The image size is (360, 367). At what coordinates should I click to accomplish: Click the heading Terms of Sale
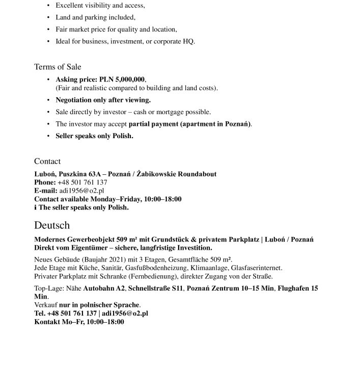pyautogui.click(x=58, y=67)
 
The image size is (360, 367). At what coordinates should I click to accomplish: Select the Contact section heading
pyautogui.click(x=47, y=161)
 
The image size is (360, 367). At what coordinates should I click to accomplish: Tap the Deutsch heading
pyautogui.click(x=52, y=225)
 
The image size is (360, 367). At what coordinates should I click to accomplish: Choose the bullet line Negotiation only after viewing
pyautogui.click(x=103, y=100)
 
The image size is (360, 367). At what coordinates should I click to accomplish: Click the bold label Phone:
pyautogui.click(x=45, y=182)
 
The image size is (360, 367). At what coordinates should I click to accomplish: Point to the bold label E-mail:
pyautogui.click(x=46, y=190)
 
